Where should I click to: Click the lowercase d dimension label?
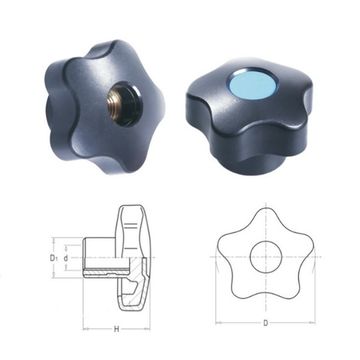pyautogui.click(x=66, y=256)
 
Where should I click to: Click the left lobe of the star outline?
pyautogui.click(x=224, y=240)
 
